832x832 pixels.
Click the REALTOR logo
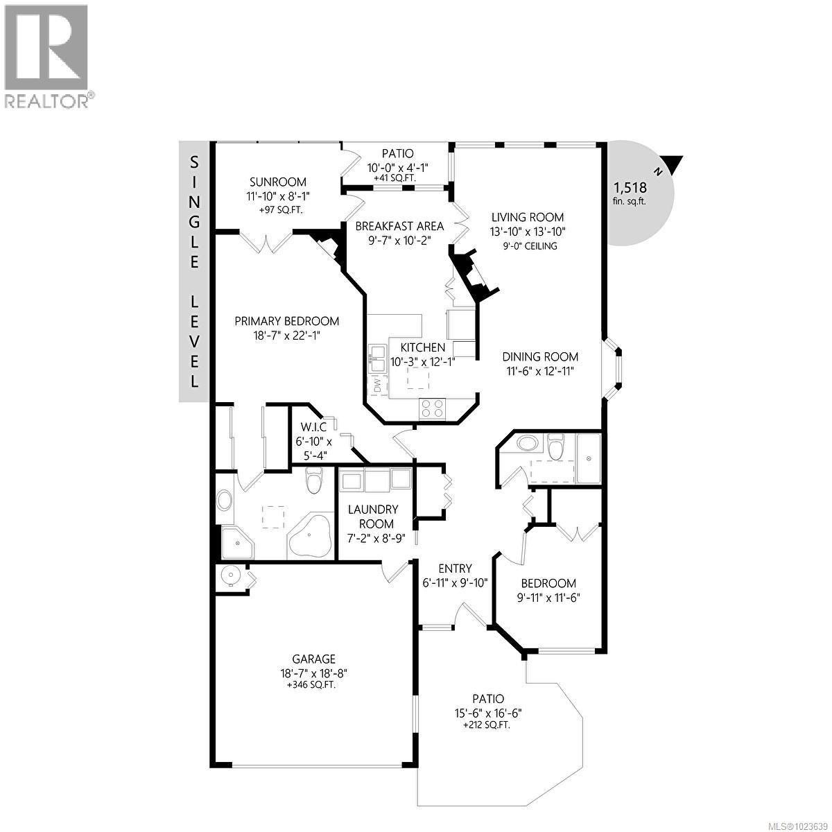(x=47, y=55)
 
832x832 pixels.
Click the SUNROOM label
(x=276, y=182)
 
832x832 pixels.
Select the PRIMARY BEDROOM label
(x=286, y=321)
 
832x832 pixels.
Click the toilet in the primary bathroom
(x=314, y=480)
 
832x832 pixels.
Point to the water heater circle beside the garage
(x=229, y=575)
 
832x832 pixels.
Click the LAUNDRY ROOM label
(x=371, y=517)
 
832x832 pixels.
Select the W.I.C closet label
(x=313, y=427)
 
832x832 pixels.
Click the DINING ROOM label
(x=540, y=357)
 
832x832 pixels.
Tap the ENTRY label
(x=455, y=569)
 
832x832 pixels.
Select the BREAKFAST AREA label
(x=399, y=226)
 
